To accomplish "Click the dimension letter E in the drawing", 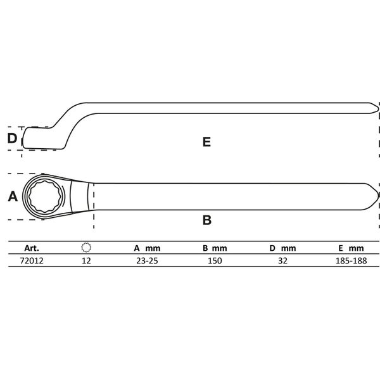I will point(206,142).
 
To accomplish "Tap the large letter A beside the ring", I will point(12,197).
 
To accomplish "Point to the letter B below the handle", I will point(206,220).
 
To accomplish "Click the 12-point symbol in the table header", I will point(87,248).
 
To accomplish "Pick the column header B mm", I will point(215,249).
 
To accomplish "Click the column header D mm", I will point(282,249).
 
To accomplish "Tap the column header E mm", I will point(350,249).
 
